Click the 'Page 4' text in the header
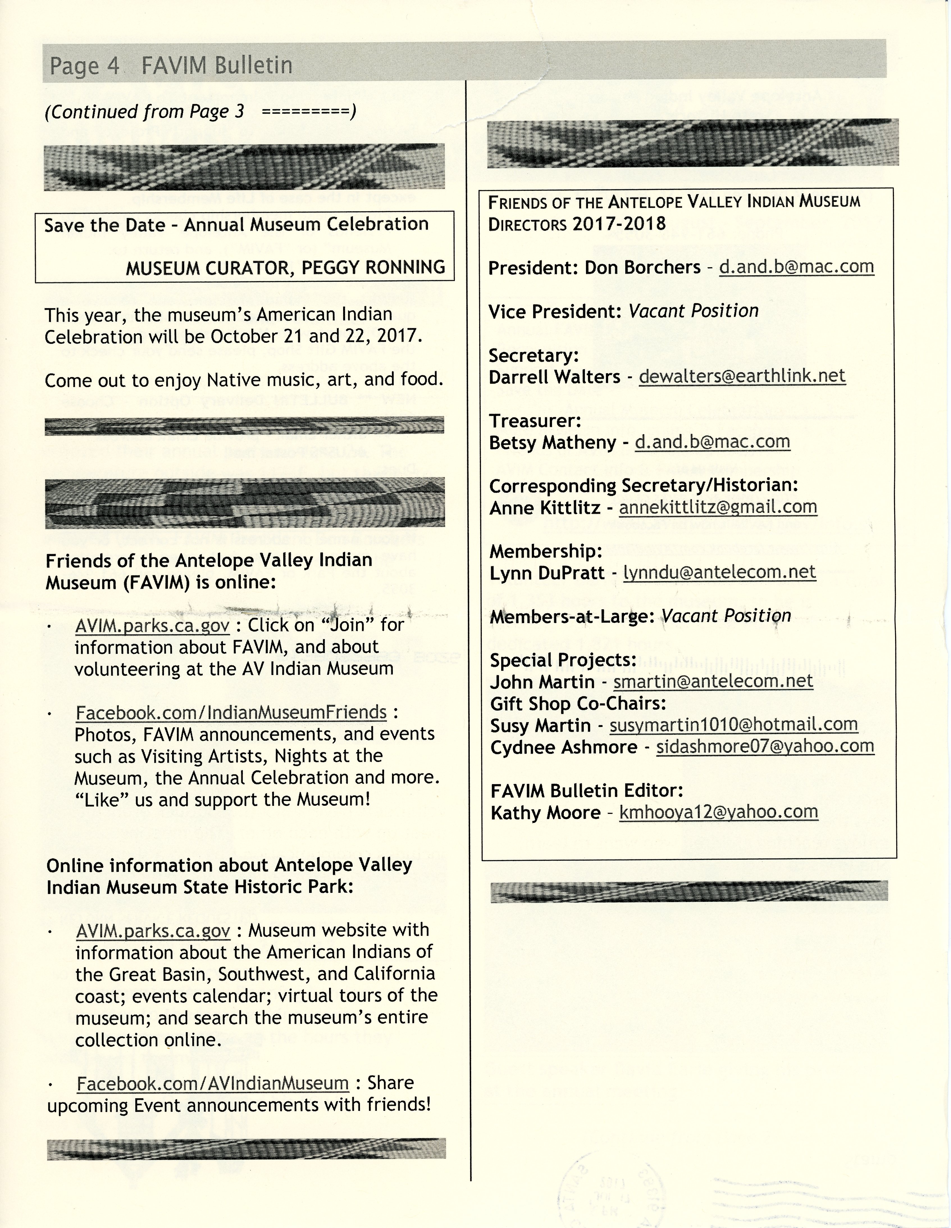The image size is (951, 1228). pos(84,66)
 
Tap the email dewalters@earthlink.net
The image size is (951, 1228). pos(742,376)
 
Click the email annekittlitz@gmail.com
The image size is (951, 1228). pos(718,507)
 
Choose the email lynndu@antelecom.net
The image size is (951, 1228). pos(719,572)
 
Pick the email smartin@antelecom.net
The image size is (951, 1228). pos(713,682)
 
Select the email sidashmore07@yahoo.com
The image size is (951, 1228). pos(765,747)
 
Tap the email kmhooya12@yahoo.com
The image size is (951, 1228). pos(718,812)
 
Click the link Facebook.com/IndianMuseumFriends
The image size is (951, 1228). pos(231,712)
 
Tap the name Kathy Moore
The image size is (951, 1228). pos(545,812)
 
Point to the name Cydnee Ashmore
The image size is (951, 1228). pos(563,747)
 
